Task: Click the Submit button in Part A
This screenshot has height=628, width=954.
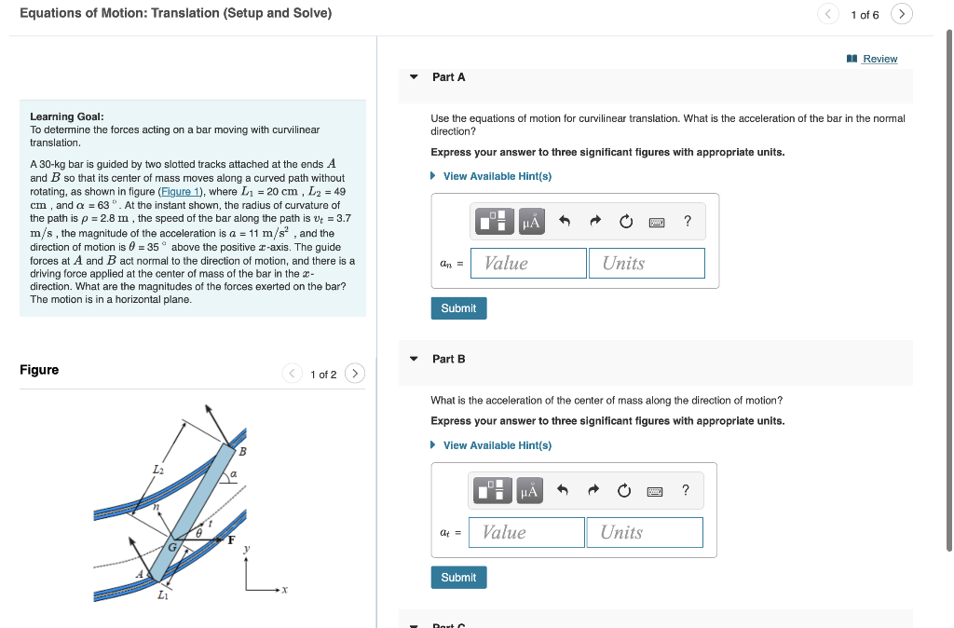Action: pos(458,308)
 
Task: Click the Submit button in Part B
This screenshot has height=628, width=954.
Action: pos(458,578)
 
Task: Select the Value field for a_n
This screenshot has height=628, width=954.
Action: pos(528,264)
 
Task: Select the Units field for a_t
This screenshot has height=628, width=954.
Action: pos(644,533)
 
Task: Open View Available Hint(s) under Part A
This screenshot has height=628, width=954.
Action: pos(497,176)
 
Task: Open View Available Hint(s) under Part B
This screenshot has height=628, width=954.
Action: pos(497,445)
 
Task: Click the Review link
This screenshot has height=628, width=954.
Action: pos(879,59)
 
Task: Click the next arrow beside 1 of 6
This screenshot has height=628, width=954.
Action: pos(901,14)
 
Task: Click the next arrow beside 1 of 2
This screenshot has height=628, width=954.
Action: pos(354,374)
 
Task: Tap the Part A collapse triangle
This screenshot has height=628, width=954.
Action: pos(414,77)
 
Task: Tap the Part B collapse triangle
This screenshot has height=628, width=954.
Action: pos(414,359)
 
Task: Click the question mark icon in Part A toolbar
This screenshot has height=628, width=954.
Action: pos(688,221)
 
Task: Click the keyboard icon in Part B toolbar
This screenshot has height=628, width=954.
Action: pos(655,490)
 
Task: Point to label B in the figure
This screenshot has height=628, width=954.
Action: pos(243,452)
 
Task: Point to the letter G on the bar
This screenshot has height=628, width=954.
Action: pos(171,547)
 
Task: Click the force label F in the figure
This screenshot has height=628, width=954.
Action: pos(231,540)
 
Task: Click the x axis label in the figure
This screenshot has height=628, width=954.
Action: pos(284,590)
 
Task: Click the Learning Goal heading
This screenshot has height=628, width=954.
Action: pos(66,116)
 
